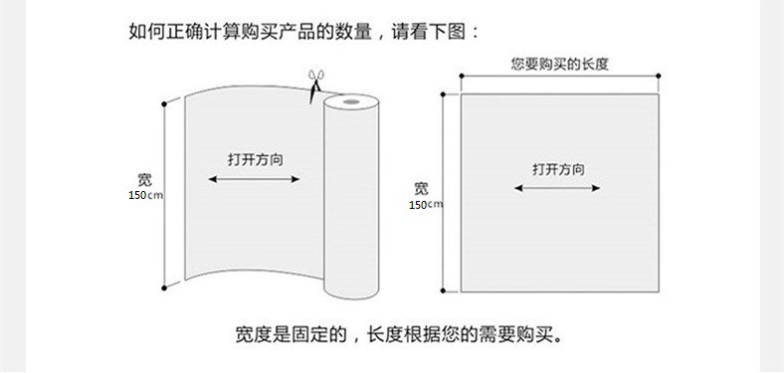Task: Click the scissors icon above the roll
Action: [x=316, y=86]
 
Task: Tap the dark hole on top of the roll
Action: [x=351, y=102]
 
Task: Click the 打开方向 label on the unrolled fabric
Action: [x=256, y=160]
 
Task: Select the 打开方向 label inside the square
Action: [x=558, y=169]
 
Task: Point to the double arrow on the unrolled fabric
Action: [x=254, y=179]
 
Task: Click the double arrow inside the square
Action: [x=557, y=188]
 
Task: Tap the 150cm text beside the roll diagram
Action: [x=145, y=195]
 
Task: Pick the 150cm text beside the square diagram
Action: [x=426, y=205]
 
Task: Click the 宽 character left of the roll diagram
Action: [x=144, y=180]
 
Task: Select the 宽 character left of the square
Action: [x=421, y=189]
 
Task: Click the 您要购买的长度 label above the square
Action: [x=559, y=64]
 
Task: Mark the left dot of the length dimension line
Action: [x=461, y=76]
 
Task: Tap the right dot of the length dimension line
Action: [x=659, y=76]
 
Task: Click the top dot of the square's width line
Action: [x=443, y=94]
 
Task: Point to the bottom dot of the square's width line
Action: [x=443, y=290]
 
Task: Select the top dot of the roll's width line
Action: [x=164, y=104]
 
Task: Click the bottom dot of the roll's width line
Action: [x=164, y=288]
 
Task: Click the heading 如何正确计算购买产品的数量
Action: [x=251, y=32]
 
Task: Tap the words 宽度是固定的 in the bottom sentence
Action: [x=291, y=334]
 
